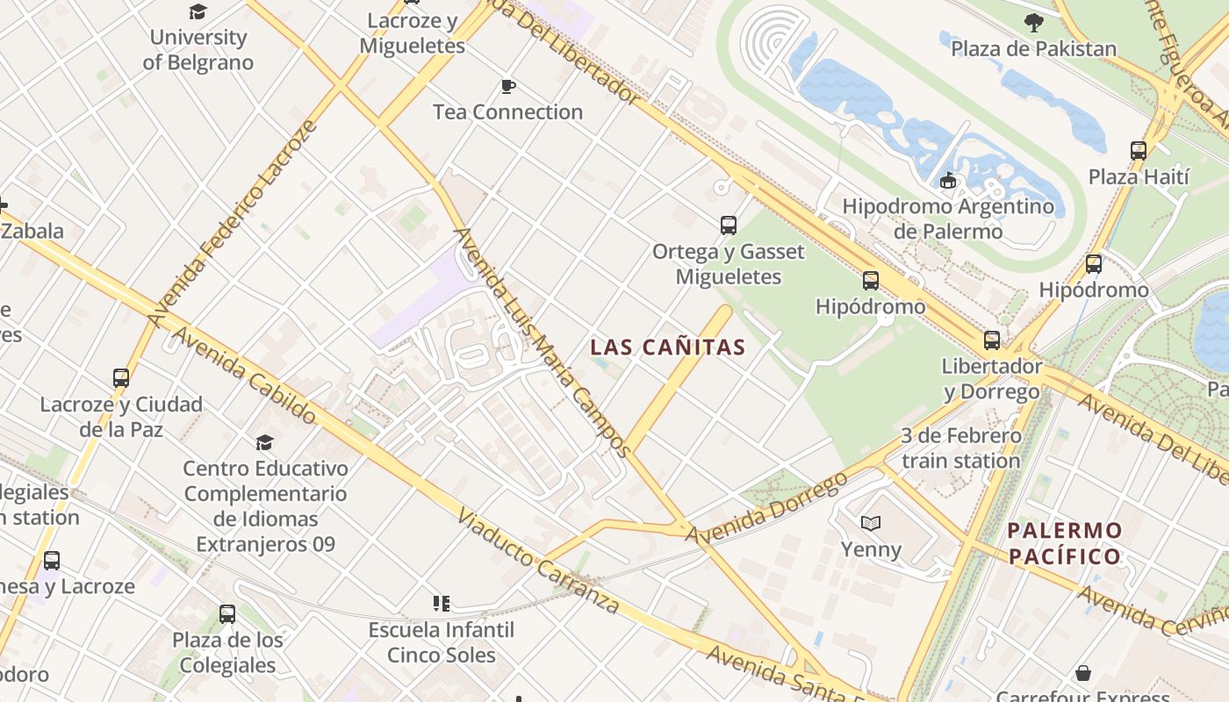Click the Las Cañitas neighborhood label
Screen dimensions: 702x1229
(x=668, y=347)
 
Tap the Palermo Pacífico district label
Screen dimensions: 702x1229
(x=1064, y=543)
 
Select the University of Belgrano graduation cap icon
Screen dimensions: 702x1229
(x=198, y=12)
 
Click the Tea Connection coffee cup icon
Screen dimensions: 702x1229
(x=507, y=86)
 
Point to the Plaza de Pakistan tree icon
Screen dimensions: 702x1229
(x=1034, y=23)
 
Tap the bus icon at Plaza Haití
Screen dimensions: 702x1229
(x=1139, y=151)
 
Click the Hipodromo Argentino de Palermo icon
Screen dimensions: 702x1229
(x=947, y=181)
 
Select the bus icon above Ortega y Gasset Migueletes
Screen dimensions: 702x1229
(x=728, y=226)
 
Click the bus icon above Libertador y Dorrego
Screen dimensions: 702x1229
(x=992, y=340)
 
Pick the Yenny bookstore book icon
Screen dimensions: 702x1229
(x=871, y=524)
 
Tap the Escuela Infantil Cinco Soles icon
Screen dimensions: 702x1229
(x=442, y=604)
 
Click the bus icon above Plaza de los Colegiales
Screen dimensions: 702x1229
(x=227, y=614)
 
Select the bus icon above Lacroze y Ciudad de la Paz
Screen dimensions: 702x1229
(x=121, y=379)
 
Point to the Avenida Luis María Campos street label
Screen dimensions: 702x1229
(x=542, y=342)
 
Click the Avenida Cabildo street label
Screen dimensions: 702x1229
(x=243, y=376)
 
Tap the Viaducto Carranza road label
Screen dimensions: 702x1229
(x=538, y=560)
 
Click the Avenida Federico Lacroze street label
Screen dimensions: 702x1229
(x=233, y=223)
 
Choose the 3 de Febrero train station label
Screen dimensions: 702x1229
(x=960, y=448)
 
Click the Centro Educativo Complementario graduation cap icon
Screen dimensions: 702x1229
(x=264, y=442)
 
